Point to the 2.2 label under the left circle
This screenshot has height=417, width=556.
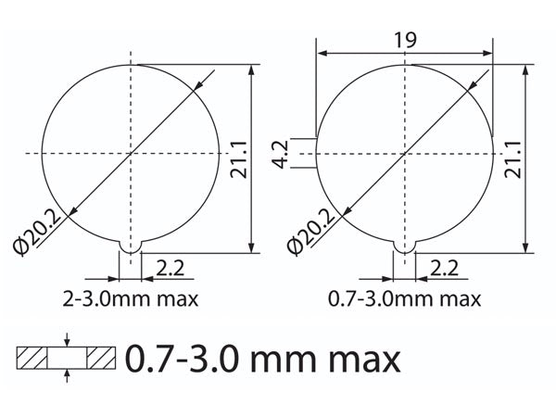tap(169, 268)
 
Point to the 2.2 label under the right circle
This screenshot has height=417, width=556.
tap(444, 268)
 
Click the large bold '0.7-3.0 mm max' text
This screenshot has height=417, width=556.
tap(262, 358)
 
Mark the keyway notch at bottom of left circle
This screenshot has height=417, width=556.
tap(131, 246)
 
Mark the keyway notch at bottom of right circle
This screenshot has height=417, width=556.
tap(404, 246)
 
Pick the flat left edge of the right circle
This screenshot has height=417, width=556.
tap(317, 152)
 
